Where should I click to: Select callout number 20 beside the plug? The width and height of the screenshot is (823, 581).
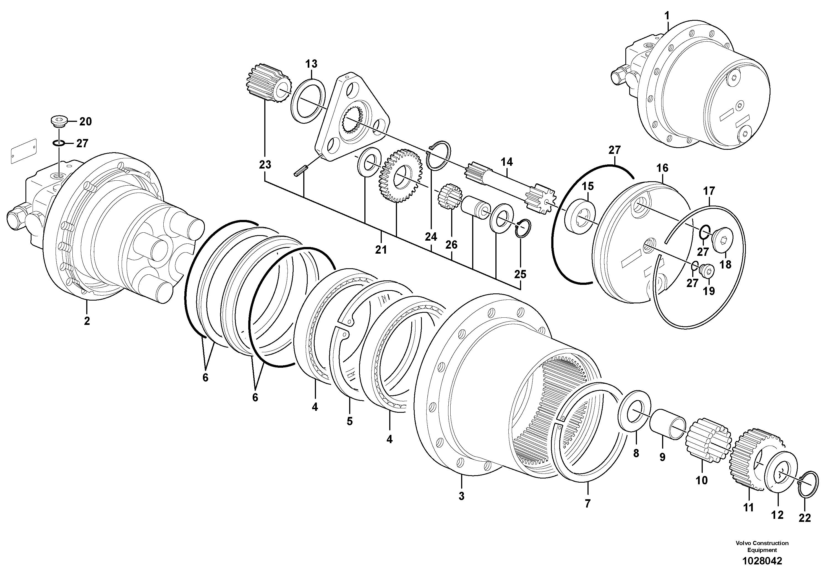(x=85, y=122)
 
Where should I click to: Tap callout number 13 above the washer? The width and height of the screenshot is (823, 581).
(x=311, y=64)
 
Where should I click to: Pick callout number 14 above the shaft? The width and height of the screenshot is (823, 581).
(x=506, y=162)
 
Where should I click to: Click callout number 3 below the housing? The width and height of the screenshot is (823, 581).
(x=461, y=496)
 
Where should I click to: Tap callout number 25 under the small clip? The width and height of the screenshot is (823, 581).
(x=520, y=274)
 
